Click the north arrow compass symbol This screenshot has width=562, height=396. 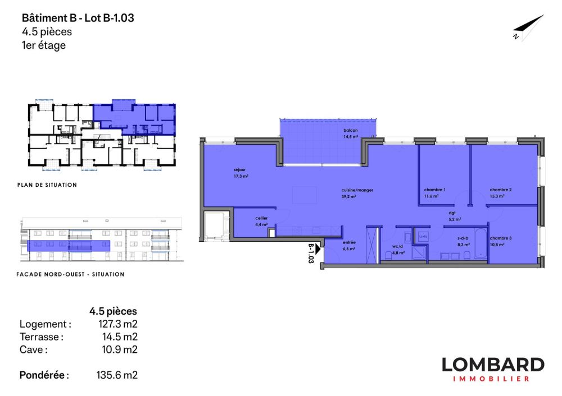pyautogui.click(x=528, y=28)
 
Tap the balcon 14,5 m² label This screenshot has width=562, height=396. pyautogui.click(x=351, y=133)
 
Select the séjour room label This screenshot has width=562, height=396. pyautogui.click(x=241, y=173)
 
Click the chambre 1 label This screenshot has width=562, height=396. pyautogui.click(x=434, y=193)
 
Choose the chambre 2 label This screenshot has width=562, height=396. pyautogui.click(x=500, y=193)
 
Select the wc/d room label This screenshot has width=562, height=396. pyautogui.click(x=398, y=250)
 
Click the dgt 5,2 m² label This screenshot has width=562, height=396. pyautogui.click(x=454, y=216)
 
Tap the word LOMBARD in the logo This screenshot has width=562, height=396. pyautogui.click(x=492, y=365)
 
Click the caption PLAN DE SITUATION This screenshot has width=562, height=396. pyautogui.click(x=48, y=185)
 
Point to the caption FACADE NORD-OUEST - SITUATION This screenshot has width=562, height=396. pyautogui.click(x=72, y=274)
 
